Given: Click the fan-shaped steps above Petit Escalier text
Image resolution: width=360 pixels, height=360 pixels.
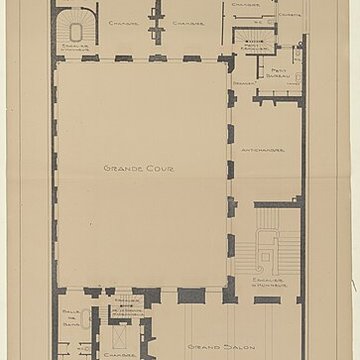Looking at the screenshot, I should (254, 30).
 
